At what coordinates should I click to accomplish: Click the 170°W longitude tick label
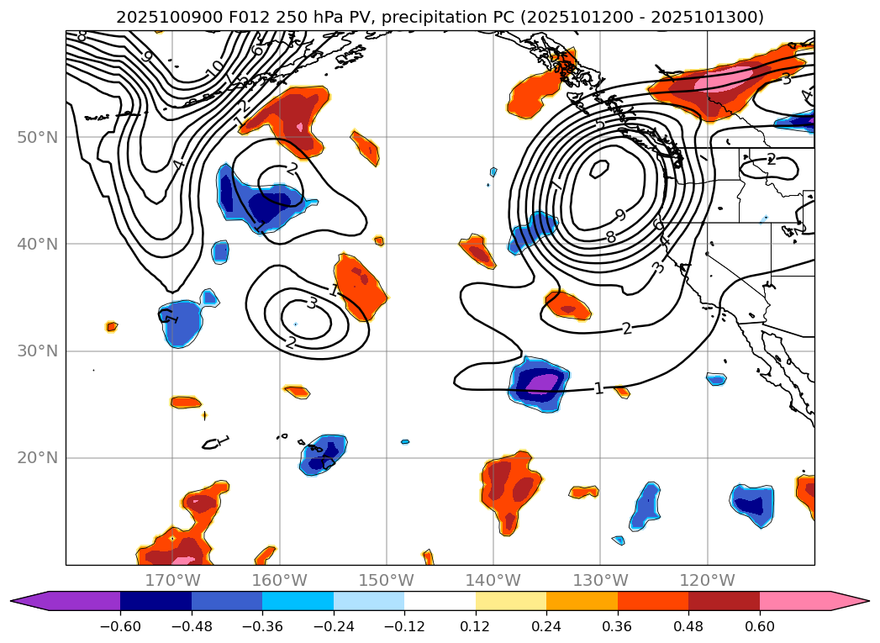(172, 580)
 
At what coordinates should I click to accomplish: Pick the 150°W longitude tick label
(387, 580)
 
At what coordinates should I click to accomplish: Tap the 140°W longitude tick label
(493, 580)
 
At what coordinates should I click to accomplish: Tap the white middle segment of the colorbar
(440, 601)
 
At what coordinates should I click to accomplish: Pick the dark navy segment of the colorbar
(155, 601)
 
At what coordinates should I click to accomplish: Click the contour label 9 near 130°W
(620, 215)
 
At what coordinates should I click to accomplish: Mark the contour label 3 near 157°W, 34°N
(312, 303)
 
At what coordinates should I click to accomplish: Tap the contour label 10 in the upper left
(215, 66)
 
